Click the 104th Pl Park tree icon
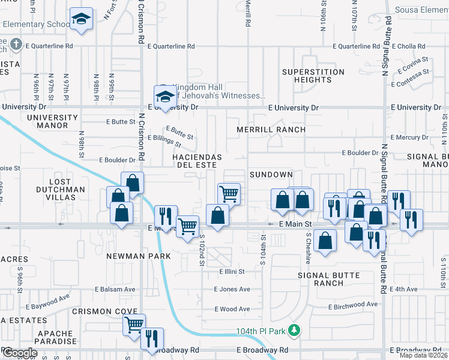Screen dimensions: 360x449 (294, 331)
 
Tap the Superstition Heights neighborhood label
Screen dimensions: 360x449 (313, 76)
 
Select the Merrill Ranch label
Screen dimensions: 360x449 (271, 130)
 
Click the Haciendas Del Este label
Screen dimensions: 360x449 (189, 161)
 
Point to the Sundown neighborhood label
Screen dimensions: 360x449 (271, 175)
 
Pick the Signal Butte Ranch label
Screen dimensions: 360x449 (329, 279)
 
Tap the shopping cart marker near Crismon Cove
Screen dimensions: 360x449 (134, 325)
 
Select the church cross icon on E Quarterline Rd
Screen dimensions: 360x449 (17, 45)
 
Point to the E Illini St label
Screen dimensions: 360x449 (231, 271)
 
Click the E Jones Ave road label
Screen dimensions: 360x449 (232, 289)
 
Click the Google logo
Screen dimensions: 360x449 (19, 353)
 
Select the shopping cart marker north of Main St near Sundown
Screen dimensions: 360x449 (228, 194)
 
